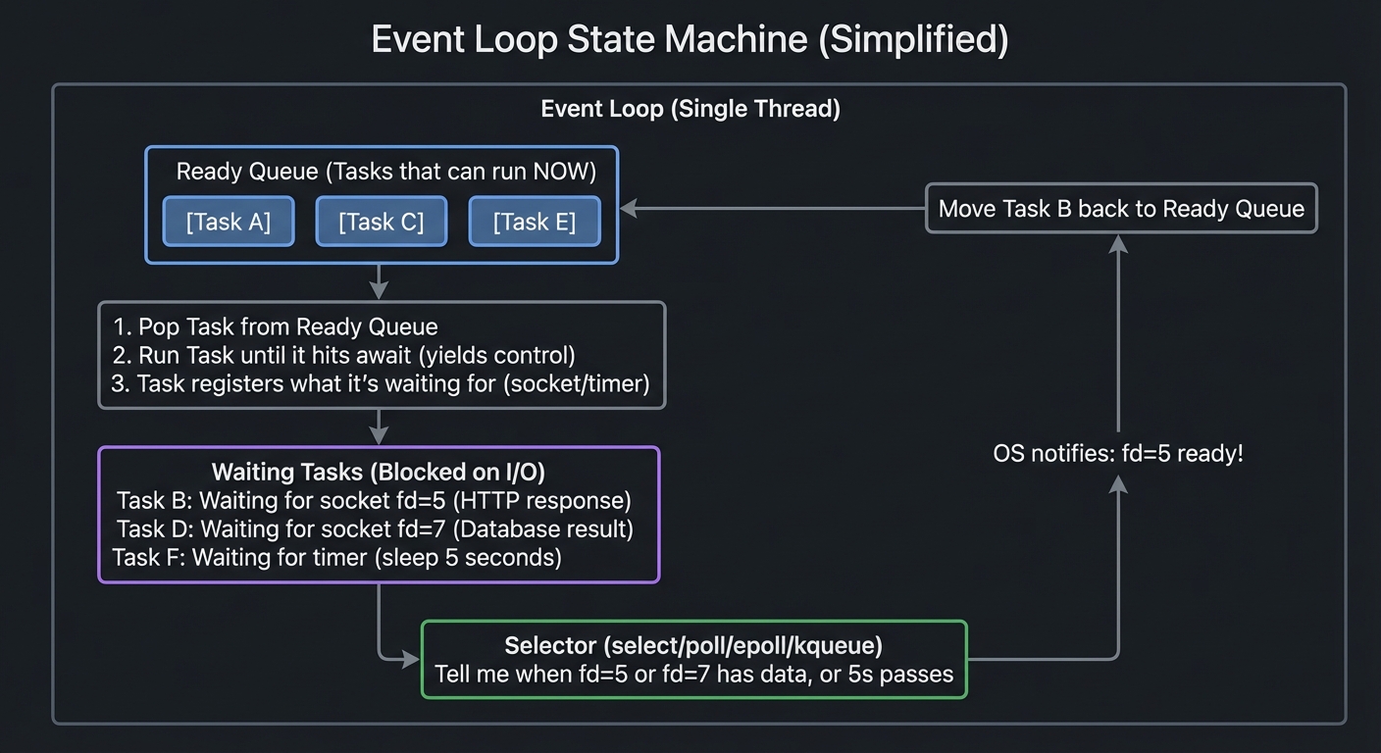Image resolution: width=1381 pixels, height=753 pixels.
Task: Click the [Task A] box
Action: pos(228,222)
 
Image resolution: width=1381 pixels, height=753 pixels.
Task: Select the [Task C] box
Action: pos(381,222)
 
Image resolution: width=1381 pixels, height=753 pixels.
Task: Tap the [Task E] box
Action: pos(534,222)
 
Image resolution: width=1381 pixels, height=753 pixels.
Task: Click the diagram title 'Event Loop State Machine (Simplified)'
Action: pos(690,40)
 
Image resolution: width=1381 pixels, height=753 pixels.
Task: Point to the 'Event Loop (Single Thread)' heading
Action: pos(690,108)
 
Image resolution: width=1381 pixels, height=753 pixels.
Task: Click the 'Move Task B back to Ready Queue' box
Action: pos(1121,209)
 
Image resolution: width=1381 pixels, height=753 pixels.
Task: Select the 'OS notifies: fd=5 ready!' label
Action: pos(1118,454)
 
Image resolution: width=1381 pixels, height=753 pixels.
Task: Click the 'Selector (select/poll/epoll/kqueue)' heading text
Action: pos(693,645)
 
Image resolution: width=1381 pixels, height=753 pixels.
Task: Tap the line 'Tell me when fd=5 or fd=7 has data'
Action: pos(693,675)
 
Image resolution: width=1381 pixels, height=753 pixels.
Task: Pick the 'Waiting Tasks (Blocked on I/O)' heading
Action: pos(379,472)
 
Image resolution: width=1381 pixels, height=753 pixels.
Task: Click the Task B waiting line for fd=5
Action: pos(374,501)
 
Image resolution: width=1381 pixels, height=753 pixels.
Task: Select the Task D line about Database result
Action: pos(375,529)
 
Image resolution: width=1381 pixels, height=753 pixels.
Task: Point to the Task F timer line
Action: pos(337,558)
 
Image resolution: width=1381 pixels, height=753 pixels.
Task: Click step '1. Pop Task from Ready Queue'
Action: pos(276,326)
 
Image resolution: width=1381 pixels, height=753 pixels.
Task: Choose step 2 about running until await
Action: pos(344,355)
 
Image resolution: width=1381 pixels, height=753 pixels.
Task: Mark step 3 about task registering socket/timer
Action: pos(381,383)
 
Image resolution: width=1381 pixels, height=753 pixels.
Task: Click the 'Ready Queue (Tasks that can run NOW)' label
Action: pos(385,172)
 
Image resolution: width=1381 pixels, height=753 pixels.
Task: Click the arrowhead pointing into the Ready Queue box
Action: pos(629,209)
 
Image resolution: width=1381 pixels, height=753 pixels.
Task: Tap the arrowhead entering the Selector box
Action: pos(412,660)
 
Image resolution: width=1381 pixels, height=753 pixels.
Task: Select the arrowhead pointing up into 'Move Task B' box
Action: pos(1118,243)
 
